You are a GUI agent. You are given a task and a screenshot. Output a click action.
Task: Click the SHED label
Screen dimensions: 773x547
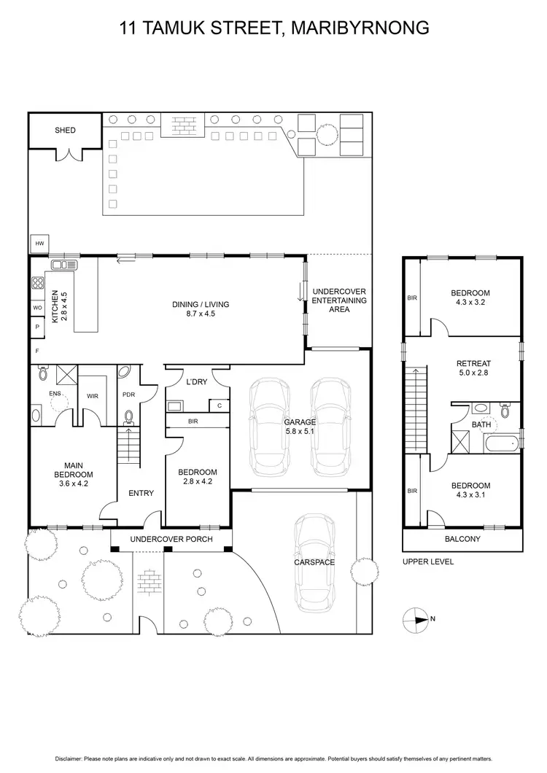[65, 131]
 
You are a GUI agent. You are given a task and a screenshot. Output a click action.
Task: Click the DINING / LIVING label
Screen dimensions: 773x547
[193, 309]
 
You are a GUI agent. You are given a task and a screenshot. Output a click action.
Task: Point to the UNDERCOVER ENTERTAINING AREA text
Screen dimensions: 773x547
[338, 300]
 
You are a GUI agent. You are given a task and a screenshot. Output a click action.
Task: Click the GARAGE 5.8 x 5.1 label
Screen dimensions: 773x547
[300, 427]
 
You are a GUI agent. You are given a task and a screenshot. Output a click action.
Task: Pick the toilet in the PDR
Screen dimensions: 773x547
[129, 418]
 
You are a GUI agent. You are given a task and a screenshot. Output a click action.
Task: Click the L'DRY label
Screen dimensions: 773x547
[197, 381]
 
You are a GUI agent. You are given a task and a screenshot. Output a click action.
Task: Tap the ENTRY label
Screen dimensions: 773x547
[141, 494]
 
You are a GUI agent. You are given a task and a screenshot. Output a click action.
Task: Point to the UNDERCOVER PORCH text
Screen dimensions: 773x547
[171, 540]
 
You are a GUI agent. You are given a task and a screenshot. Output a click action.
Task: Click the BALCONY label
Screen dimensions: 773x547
[462, 540]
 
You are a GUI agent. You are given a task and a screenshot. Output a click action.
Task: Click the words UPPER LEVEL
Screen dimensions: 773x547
[428, 562]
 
